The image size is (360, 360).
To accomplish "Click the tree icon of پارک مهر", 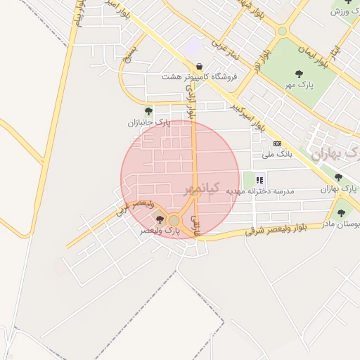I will click(300, 73).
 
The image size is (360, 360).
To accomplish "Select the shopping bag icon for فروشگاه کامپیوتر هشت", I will click(201, 66).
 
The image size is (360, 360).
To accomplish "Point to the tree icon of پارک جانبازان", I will click(148, 111).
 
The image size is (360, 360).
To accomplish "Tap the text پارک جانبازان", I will click(149, 122).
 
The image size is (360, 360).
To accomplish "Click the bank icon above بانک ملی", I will click(277, 143).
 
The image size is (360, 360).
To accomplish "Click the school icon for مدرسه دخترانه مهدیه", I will click(260, 179).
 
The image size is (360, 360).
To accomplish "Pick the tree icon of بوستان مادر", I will click(341, 213).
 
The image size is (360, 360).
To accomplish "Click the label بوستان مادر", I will click(341, 224).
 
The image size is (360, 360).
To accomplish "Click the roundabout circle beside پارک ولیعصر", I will click(174, 221).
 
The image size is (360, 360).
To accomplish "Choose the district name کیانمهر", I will click(202, 188).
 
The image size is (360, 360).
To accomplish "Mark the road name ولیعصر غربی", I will click(129, 205).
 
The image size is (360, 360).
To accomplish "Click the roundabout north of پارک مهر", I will click(282, 31).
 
